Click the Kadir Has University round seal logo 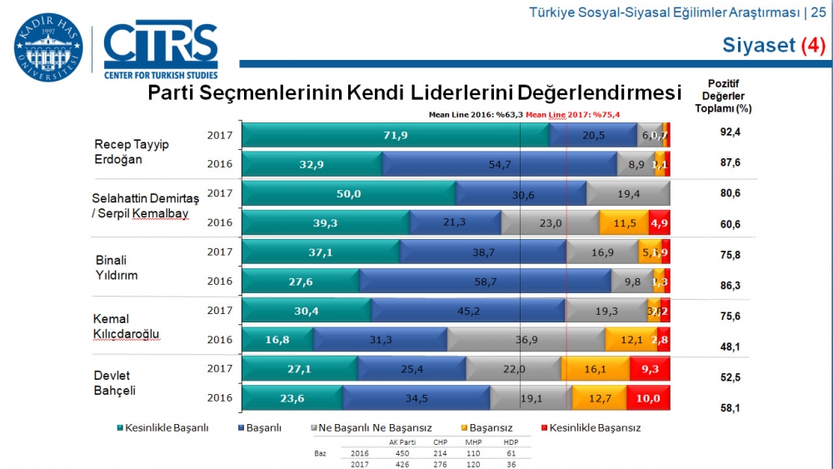[48, 47]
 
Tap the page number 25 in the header [818, 12]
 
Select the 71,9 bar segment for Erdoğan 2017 [395, 134]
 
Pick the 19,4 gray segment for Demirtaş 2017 [627, 193]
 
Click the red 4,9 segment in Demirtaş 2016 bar [659, 222]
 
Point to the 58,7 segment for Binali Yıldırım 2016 [485, 282]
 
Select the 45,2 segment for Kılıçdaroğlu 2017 [467, 311]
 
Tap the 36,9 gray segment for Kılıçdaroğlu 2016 [526, 340]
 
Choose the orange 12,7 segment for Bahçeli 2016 [599, 397]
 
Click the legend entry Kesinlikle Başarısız [595, 427]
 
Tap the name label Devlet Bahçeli [114, 383]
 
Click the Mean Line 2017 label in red [572, 115]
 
